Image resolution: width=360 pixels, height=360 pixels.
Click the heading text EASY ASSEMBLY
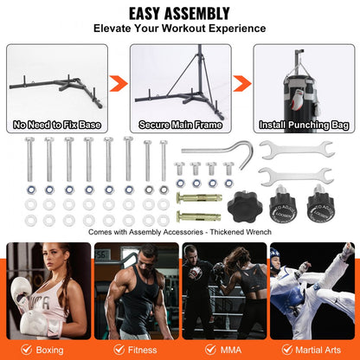[179, 13]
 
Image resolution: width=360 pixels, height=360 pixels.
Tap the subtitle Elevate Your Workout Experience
[179, 29]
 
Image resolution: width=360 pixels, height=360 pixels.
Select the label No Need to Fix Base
[57, 125]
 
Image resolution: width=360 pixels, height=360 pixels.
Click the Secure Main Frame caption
[180, 125]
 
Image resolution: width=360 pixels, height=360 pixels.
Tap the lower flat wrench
[297, 179]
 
